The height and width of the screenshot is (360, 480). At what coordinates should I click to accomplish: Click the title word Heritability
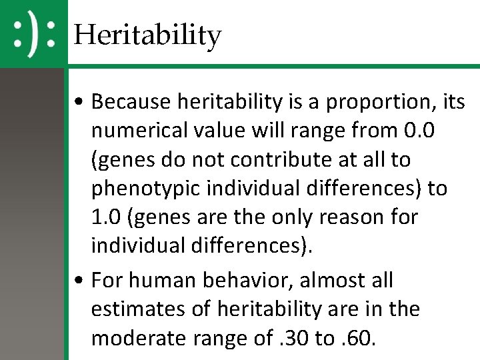coord(147,34)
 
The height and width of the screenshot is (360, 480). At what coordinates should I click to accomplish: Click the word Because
coord(133,102)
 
